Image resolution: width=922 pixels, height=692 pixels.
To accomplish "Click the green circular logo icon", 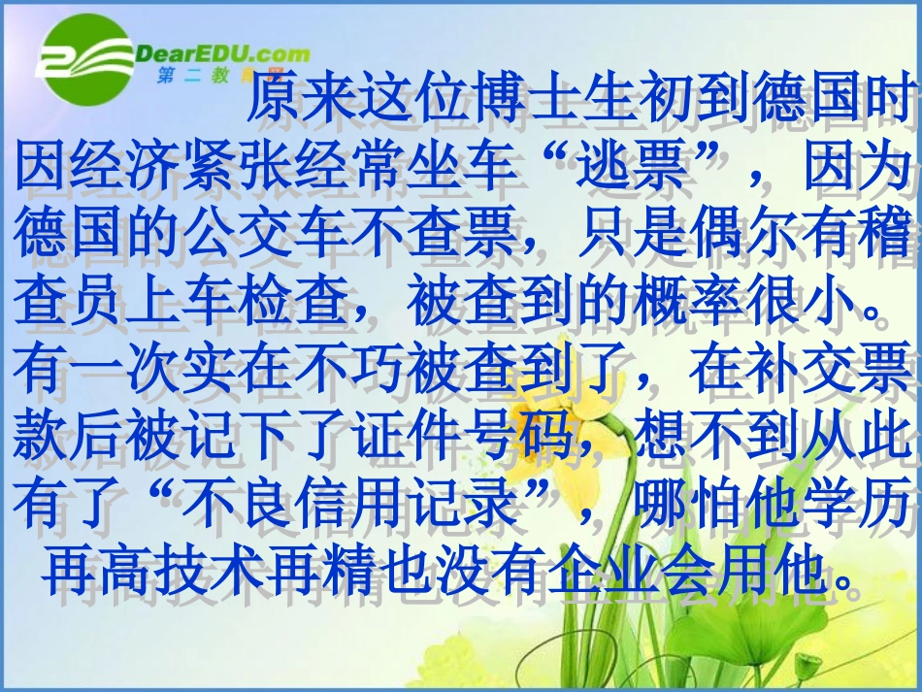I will (84, 60).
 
